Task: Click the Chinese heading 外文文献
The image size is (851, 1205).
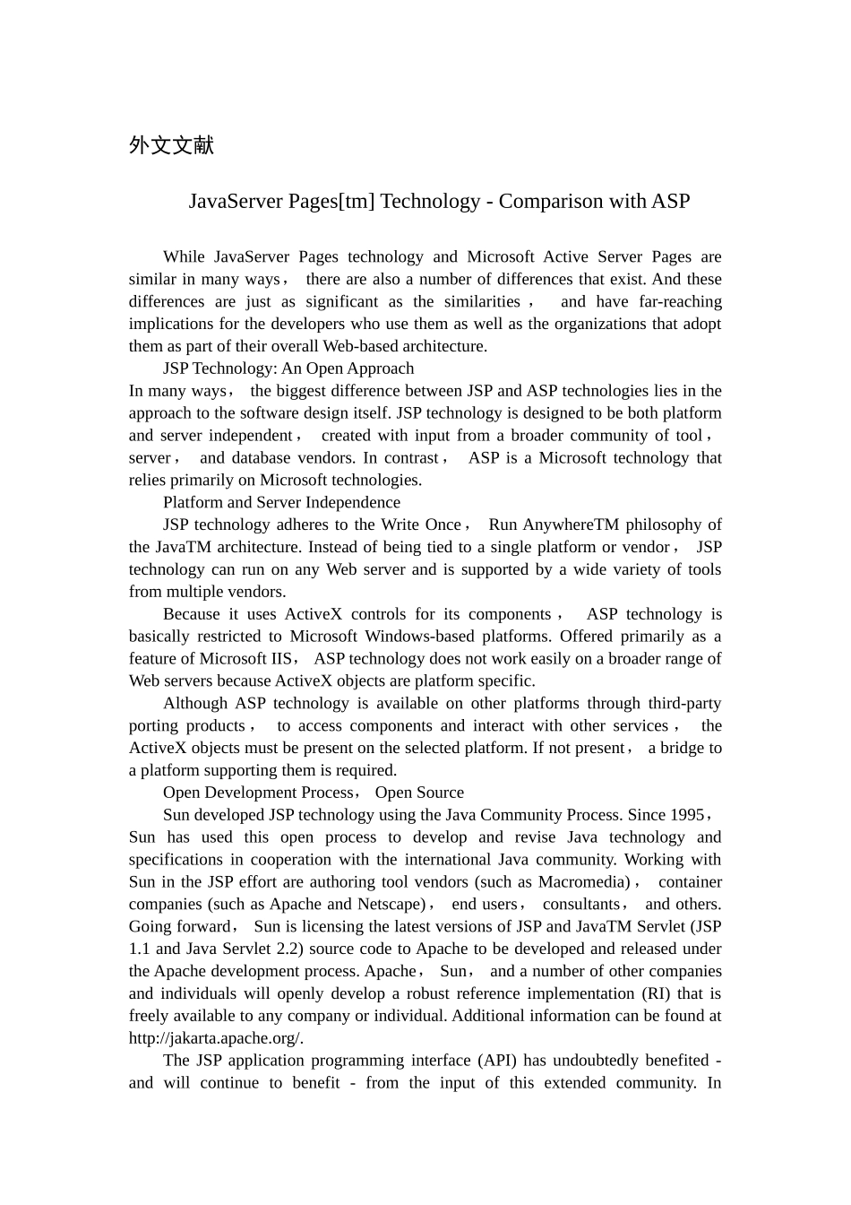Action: [x=171, y=145]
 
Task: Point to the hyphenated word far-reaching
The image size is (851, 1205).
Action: [x=680, y=301]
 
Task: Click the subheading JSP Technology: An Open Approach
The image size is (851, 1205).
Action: [x=288, y=368]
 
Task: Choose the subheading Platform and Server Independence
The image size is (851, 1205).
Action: [x=281, y=502]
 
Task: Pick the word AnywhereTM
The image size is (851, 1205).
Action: [x=572, y=524]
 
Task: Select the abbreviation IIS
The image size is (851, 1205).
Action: [x=280, y=659]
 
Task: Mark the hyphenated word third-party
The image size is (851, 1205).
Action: [x=678, y=704]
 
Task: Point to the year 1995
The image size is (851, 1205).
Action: [x=686, y=815]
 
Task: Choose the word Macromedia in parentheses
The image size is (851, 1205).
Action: [x=584, y=882]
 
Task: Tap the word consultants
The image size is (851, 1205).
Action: [x=581, y=905]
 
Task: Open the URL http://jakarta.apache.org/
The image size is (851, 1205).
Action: [x=216, y=1038]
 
